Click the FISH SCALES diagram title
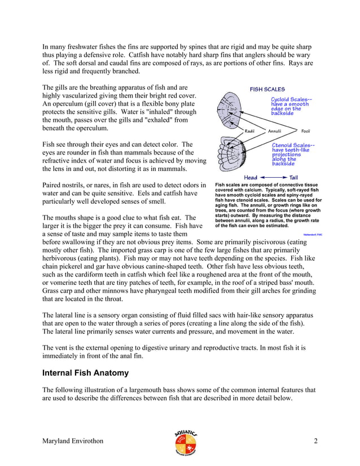pos(267,89)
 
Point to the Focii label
pos(305,131)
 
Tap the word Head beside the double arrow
pos(251,177)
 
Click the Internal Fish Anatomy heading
pos(86,373)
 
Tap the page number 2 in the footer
pos(315,441)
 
